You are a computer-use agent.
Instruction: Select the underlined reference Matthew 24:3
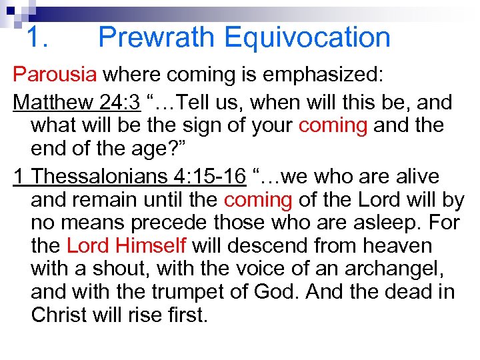(77, 103)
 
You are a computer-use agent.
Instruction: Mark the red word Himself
(152, 245)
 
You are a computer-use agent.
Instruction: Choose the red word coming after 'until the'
(257, 200)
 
